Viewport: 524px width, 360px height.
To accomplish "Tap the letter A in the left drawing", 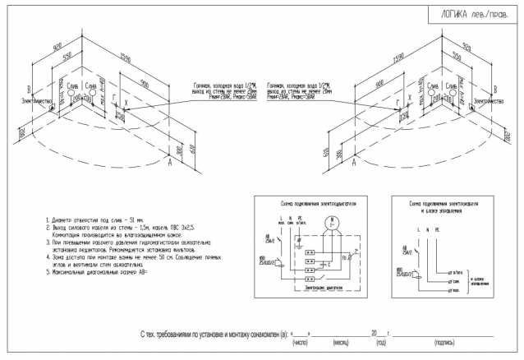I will tap(169, 163).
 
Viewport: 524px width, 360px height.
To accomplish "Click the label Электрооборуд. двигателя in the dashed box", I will tap(317, 288).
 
